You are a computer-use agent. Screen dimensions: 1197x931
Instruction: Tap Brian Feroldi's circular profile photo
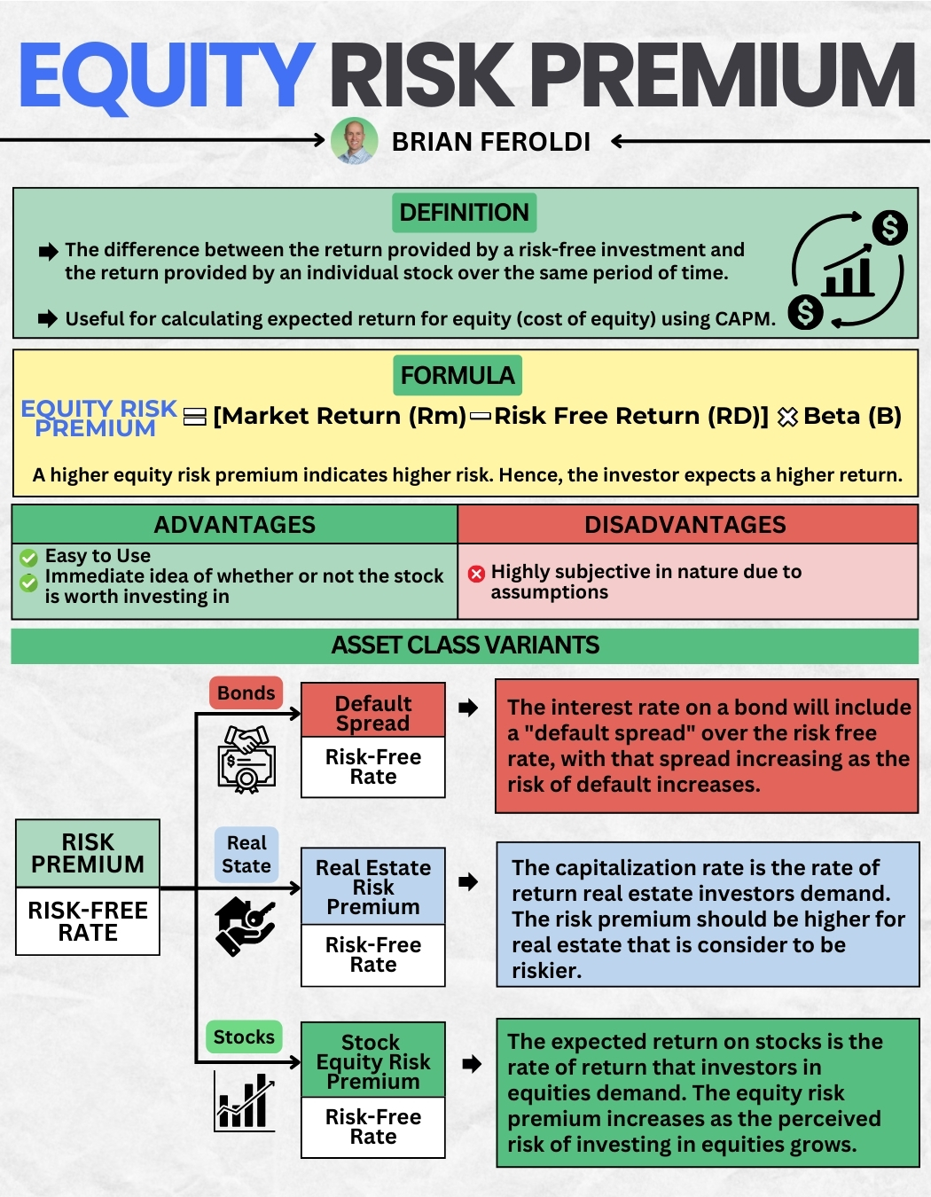(x=354, y=142)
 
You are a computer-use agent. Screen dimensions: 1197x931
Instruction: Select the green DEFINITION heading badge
(x=464, y=213)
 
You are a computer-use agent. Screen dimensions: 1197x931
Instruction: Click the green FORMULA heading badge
(x=458, y=375)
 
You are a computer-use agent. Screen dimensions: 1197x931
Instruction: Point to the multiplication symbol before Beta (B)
(x=786, y=417)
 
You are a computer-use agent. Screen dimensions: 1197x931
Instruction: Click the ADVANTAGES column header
(x=234, y=525)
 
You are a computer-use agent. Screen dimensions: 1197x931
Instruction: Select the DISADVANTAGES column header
(x=685, y=525)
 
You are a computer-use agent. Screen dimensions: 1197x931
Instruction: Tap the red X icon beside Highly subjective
(x=476, y=574)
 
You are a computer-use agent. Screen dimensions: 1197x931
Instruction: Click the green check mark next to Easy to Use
(x=29, y=558)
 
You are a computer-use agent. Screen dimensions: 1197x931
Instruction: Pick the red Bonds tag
(x=246, y=693)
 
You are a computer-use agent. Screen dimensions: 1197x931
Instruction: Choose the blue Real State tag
(x=246, y=855)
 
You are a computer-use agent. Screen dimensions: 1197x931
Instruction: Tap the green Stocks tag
(x=244, y=1037)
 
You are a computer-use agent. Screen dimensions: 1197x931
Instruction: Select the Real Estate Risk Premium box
(x=373, y=887)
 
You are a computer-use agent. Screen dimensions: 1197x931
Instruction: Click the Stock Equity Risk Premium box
(x=373, y=1060)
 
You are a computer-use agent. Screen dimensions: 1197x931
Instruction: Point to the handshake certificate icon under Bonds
(x=247, y=759)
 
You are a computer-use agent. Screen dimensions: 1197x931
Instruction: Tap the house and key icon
(x=245, y=926)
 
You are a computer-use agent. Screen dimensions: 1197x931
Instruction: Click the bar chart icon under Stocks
(x=244, y=1101)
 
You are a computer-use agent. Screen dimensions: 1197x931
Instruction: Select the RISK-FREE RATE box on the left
(x=88, y=922)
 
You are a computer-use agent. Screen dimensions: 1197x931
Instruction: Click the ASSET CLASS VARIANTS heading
(x=465, y=645)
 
